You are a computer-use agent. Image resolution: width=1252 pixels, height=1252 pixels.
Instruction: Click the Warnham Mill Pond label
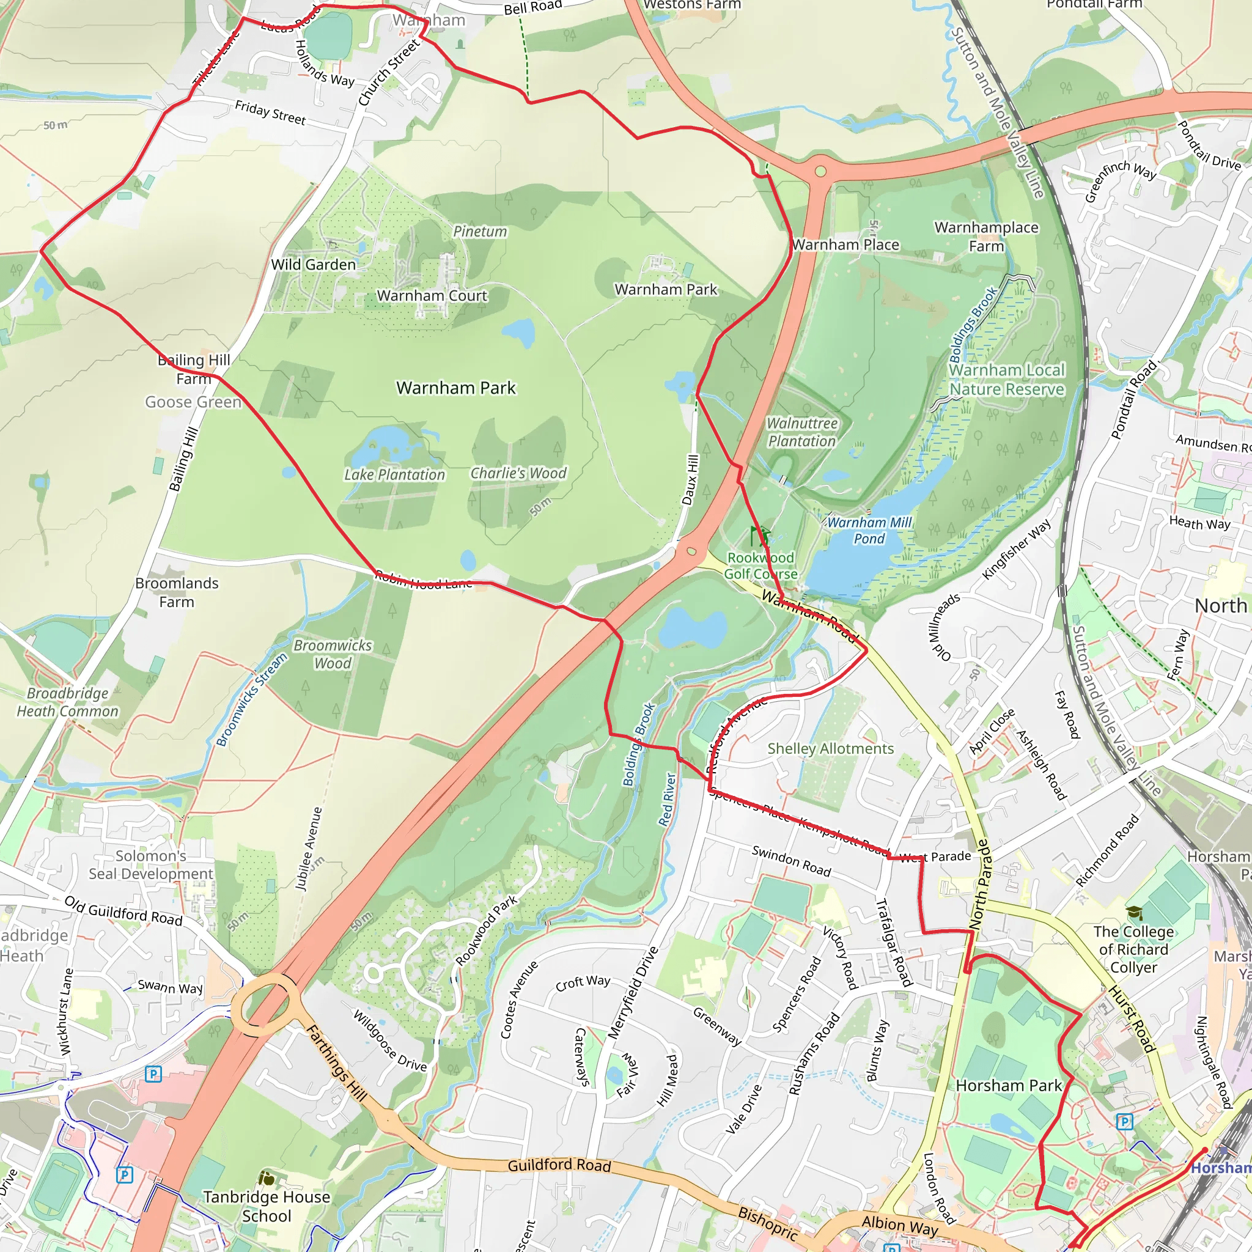(869, 530)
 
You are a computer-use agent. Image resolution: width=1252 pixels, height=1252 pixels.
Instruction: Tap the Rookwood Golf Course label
(760, 565)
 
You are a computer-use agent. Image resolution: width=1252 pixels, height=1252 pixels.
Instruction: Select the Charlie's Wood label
(518, 473)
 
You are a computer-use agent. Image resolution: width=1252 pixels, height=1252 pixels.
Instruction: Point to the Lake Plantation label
(394, 474)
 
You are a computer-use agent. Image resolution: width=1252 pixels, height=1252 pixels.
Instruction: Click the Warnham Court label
(432, 295)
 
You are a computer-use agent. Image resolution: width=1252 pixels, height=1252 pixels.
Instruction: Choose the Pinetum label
(479, 231)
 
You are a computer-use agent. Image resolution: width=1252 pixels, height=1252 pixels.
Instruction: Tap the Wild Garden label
(313, 264)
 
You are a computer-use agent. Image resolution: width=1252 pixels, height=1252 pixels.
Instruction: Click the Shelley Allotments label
(830, 748)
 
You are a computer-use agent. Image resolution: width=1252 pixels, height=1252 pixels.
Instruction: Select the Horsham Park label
(1008, 1085)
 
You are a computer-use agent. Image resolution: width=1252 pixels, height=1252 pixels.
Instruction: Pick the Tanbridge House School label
(267, 1206)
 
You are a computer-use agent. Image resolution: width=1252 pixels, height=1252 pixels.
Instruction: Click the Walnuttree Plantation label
(801, 432)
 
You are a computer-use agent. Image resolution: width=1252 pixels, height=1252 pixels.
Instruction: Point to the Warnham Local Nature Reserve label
(1006, 380)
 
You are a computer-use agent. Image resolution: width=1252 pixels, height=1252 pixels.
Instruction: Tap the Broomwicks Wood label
(333, 654)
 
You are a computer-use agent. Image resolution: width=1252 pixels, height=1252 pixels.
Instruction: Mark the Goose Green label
(193, 402)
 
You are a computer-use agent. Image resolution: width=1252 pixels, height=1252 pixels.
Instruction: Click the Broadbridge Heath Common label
(67, 702)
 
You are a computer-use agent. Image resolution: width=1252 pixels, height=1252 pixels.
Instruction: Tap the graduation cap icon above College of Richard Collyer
(1133, 913)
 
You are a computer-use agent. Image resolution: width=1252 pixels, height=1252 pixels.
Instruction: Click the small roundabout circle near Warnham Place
(820, 172)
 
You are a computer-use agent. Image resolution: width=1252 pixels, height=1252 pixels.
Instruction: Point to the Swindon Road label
(790, 861)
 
